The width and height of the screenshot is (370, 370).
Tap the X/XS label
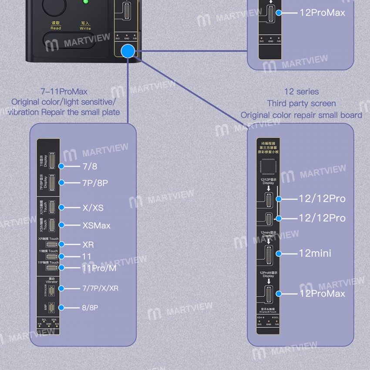point(93,208)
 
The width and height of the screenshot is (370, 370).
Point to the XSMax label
point(96,225)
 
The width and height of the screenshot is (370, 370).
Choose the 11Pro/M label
point(99,268)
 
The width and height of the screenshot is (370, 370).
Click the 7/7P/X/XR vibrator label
point(100,288)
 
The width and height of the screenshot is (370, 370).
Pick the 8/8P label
point(90,308)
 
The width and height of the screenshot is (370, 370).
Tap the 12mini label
point(315,253)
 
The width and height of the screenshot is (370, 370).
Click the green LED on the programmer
point(85,2)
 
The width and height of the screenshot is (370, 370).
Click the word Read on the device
point(56,28)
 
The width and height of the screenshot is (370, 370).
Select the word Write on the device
point(85,28)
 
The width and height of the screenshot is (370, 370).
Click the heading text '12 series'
point(301,92)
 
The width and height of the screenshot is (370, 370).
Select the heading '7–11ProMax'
point(64,92)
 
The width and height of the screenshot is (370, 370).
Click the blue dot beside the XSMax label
point(62,225)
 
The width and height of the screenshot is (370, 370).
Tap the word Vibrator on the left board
point(52,282)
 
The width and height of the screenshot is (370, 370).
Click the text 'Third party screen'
point(301,104)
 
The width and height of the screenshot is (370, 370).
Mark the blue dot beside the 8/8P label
point(62,308)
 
